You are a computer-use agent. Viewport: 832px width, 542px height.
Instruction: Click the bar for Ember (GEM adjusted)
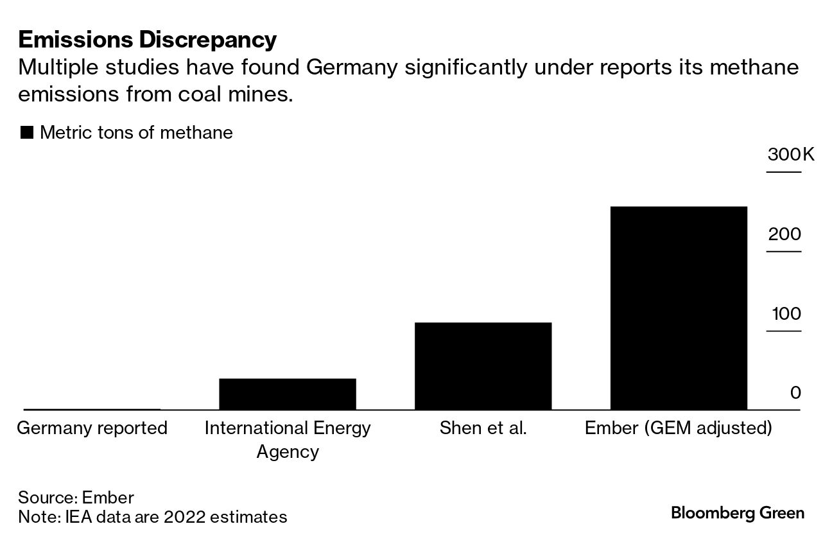click(x=679, y=308)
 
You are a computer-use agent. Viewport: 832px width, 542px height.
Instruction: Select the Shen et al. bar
click(x=483, y=366)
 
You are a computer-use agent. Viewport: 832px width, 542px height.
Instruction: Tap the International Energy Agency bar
click(x=287, y=394)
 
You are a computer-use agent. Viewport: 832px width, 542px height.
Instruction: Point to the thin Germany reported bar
click(x=92, y=409)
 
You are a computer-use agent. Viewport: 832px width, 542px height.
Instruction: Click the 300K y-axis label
click(x=790, y=155)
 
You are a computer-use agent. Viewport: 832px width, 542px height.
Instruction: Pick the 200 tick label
click(x=784, y=234)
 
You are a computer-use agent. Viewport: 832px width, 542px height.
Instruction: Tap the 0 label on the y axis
click(x=795, y=393)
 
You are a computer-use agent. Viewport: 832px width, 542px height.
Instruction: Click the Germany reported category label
click(x=92, y=428)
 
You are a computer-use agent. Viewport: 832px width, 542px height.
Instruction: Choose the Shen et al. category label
click(x=483, y=428)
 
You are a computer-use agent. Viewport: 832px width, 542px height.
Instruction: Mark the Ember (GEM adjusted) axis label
click(x=678, y=428)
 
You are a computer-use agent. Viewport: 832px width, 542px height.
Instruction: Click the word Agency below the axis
click(x=287, y=451)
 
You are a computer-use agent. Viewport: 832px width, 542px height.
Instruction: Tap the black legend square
click(x=27, y=133)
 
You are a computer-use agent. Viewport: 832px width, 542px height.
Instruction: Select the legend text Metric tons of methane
click(x=136, y=133)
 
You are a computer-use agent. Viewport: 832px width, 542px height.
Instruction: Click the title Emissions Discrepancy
click(x=148, y=40)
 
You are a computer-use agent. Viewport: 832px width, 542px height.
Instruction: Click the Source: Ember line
click(x=76, y=498)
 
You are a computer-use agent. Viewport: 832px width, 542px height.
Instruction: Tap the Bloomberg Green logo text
click(x=737, y=513)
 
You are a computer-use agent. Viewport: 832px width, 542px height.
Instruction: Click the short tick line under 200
click(x=784, y=251)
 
